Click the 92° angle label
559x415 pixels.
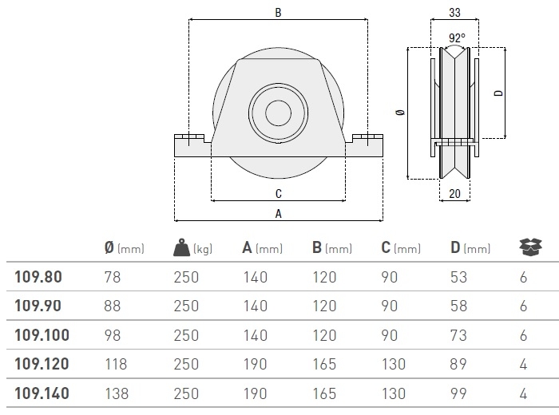[457, 38]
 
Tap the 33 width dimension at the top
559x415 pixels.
[454, 13]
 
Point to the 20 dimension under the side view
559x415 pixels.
[454, 194]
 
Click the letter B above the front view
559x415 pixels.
[278, 13]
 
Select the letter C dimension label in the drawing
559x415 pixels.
[279, 194]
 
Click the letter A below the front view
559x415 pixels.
[279, 214]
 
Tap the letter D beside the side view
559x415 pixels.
[499, 93]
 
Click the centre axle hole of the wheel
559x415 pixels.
[278, 113]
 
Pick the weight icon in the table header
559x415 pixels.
[181, 247]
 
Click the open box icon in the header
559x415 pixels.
[530, 247]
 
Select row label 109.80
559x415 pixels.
[38, 277]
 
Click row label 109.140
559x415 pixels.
[42, 393]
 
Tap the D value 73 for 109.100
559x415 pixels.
[458, 335]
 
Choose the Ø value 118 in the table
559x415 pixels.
[116, 365]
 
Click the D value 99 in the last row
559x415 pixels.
[458, 393]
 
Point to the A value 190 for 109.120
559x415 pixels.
[256, 365]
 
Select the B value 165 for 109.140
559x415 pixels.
[324, 393]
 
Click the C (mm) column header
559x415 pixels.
[401, 247]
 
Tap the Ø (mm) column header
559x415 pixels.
[125, 247]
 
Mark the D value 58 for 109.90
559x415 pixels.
[458, 306]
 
